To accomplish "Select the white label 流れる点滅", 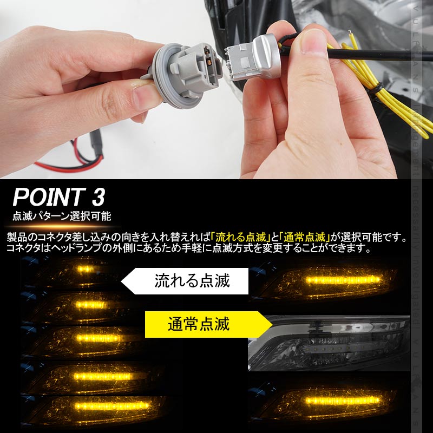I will tap(192, 281).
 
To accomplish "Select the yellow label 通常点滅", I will tap(199, 324).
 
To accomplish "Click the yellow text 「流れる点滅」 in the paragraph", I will tap(241, 238).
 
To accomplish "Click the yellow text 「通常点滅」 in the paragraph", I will tap(304, 238).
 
